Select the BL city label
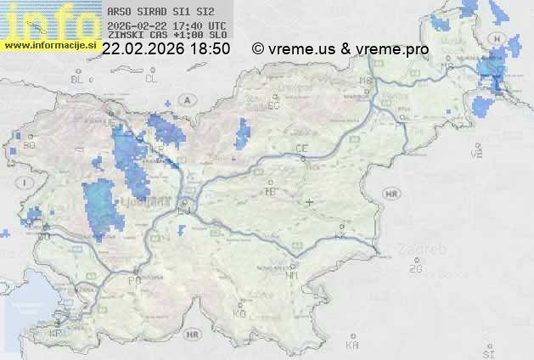coord(79,79)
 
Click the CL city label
coord(151,79)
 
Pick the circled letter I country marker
coord(27,183)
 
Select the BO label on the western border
coord(30,146)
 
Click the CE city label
coord(301,149)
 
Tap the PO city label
coord(133,280)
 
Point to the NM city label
coord(293,275)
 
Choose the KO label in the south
coord(239,313)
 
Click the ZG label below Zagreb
coord(415,269)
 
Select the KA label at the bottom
coord(352,346)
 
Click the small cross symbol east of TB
coord(310,202)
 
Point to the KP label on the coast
coord(56,334)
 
